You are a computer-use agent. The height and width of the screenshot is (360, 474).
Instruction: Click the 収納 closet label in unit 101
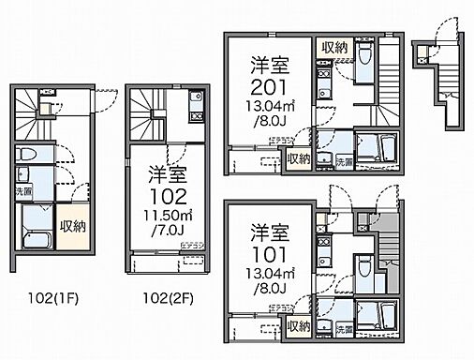tap(299, 326)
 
